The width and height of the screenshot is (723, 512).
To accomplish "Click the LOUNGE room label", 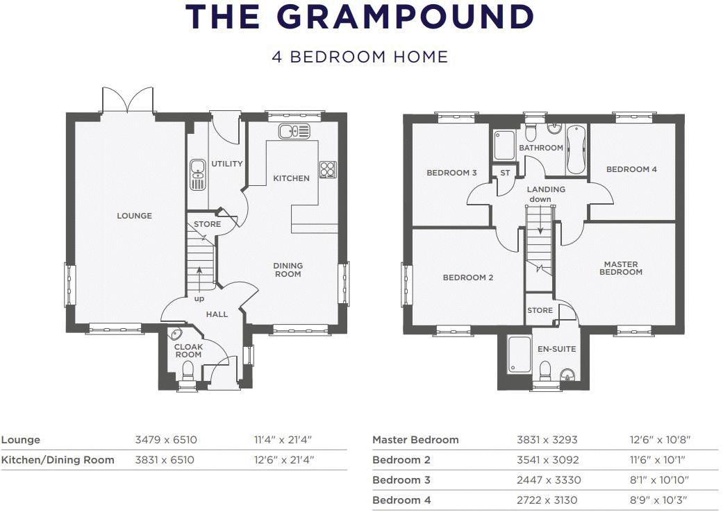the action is pyautogui.click(x=134, y=216).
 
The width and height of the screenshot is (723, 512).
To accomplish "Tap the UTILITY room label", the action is pyautogui.click(x=227, y=164).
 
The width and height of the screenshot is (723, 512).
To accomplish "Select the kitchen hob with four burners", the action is pyautogui.click(x=328, y=169).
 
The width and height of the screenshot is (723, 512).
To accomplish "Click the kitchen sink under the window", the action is pyautogui.click(x=294, y=131).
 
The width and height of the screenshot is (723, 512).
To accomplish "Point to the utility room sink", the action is pyautogui.click(x=198, y=175).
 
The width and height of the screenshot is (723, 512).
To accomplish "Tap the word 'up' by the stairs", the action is pyautogui.click(x=199, y=299).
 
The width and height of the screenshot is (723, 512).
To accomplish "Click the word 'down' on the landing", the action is pyautogui.click(x=540, y=199).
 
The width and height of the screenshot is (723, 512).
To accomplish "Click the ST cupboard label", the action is pyautogui.click(x=505, y=173).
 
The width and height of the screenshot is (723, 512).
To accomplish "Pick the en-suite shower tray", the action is pyautogui.click(x=520, y=355).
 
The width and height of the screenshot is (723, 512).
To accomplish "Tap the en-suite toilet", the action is pyautogui.click(x=545, y=371).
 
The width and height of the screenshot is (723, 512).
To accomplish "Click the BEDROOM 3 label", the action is pyautogui.click(x=451, y=173).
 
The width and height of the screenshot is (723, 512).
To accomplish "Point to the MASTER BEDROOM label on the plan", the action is pyautogui.click(x=621, y=268).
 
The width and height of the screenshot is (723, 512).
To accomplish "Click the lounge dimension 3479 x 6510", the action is pyautogui.click(x=166, y=440).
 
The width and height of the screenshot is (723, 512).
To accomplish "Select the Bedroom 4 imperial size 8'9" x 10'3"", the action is pyautogui.click(x=659, y=500).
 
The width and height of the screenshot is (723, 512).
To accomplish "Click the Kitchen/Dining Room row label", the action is pyautogui.click(x=58, y=460).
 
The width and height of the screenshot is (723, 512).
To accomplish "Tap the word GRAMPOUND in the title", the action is pyautogui.click(x=407, y=17).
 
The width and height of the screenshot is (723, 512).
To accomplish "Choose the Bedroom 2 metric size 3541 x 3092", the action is pyautogui.click(x=548, y=460).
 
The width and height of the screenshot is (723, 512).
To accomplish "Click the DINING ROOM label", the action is pyautogui.click(x=288, y=270).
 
